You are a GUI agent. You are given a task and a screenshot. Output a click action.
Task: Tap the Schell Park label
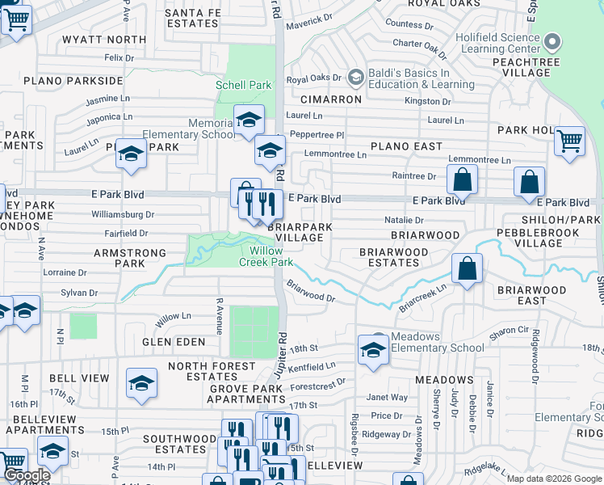click(x=243, y=85)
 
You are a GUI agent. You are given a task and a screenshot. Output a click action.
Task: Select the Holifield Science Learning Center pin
click(x=552, y=40)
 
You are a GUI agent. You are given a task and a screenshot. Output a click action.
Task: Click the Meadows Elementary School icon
click(x=373, y=350)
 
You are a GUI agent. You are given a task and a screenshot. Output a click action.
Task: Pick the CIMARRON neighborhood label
click(x=331, y=99)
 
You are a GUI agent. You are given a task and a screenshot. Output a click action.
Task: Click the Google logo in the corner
click(x=27, y=475)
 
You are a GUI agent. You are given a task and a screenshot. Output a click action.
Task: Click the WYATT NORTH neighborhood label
click(x=105, y=40)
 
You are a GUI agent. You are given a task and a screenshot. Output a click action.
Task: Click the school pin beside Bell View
click(x=141, y=382)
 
